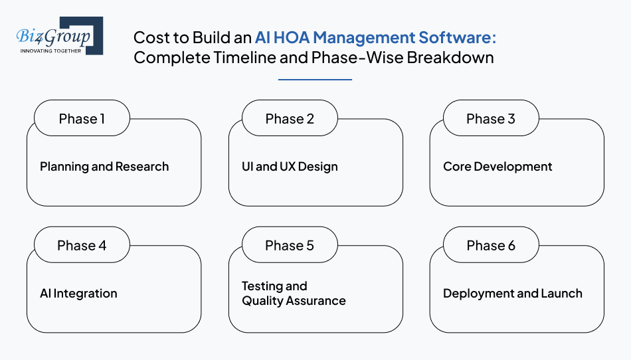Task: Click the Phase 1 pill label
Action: pyautogui.click(x=82, y=119)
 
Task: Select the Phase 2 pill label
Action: pyautogui.click(x=290, y=119)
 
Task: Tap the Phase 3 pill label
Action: pyautogui.click(x=491, y=119)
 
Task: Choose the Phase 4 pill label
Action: pyautogui.click(x=82, y=246)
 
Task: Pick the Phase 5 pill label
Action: pyautogui.click(x=290, y=246)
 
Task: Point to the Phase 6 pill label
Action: pyautogui.click(x=491, y=246)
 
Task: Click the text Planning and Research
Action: pyautogui.click(x=104, y=167)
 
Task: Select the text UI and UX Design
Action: pyautogui.click(x=290, y=167)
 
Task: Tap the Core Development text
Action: pyautogui.click(x=497, y=167)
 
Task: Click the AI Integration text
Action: pyautogui.click(x=78, y=294)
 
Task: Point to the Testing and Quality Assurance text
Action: pyautogui.click(x=294, y=294)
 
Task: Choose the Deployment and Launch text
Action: pyautogui.click(x=513, y=294)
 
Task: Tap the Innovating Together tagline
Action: pyautogui.click(x=50, y=50)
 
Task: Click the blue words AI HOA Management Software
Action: pyautogui.click(x=375, y=37)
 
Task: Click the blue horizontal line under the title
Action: pyautogui.click(x=315, y=80)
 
